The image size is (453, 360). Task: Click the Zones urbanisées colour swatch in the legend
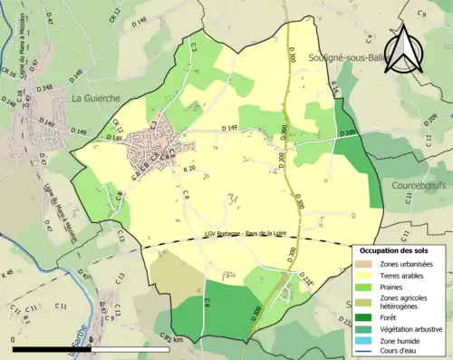[367, 263]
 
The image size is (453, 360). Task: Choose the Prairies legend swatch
[367, 288]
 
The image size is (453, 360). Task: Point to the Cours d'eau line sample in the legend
[367, 354]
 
